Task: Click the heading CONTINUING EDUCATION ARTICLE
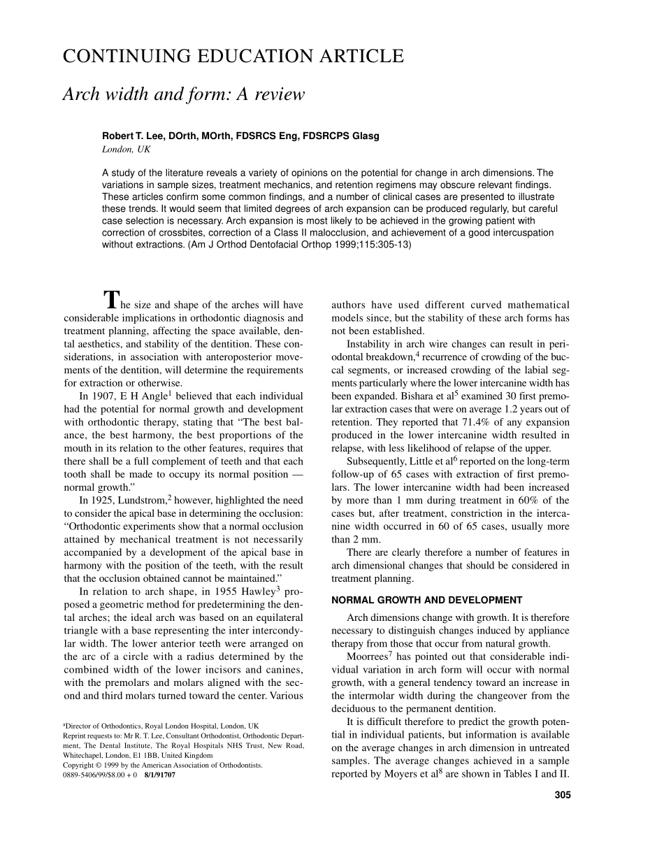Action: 233,57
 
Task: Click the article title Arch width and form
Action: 183,94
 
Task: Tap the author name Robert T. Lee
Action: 133,136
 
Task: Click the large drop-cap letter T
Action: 111,300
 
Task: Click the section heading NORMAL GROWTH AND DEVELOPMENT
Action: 426,600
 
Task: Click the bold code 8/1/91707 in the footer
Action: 159,775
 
